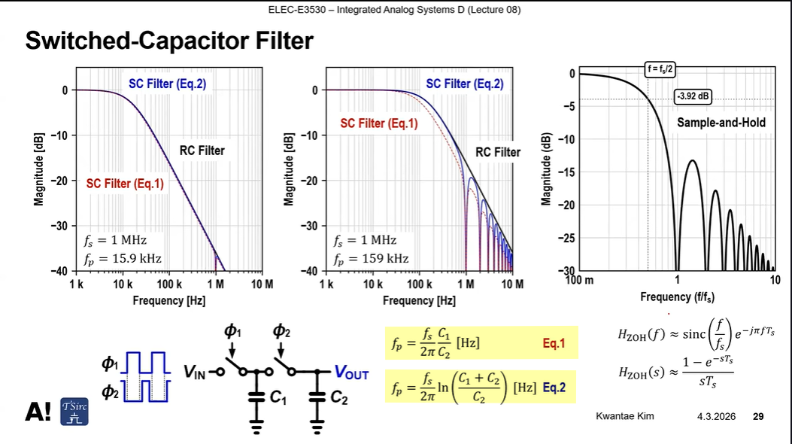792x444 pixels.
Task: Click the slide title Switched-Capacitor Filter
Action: pos(168,41)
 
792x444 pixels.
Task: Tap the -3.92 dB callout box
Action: pos(693,96)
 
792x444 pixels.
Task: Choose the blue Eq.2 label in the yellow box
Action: pos(554,388)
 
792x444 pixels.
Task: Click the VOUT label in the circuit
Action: pos(351,373)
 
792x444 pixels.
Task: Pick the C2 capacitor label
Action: pos(339,399)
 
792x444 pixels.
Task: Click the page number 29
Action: pos(758,416)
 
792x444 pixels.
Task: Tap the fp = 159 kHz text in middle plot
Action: pos(371,258)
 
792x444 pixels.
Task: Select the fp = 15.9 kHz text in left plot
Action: pos(122,258)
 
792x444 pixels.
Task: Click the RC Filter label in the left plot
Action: pos(202,151)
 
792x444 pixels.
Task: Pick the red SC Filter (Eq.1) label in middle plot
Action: pos(378,123)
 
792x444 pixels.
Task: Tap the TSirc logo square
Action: pos(74,411)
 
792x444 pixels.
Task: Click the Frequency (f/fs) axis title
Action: pos(677,297)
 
